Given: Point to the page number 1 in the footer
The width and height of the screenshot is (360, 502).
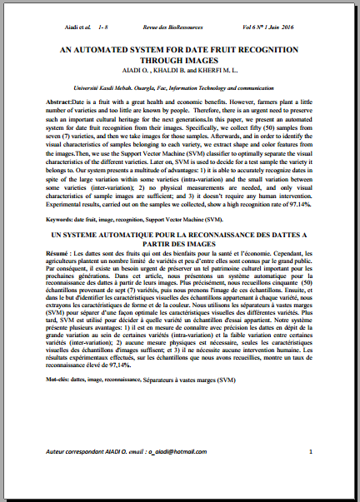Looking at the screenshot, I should tap(310, 451).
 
